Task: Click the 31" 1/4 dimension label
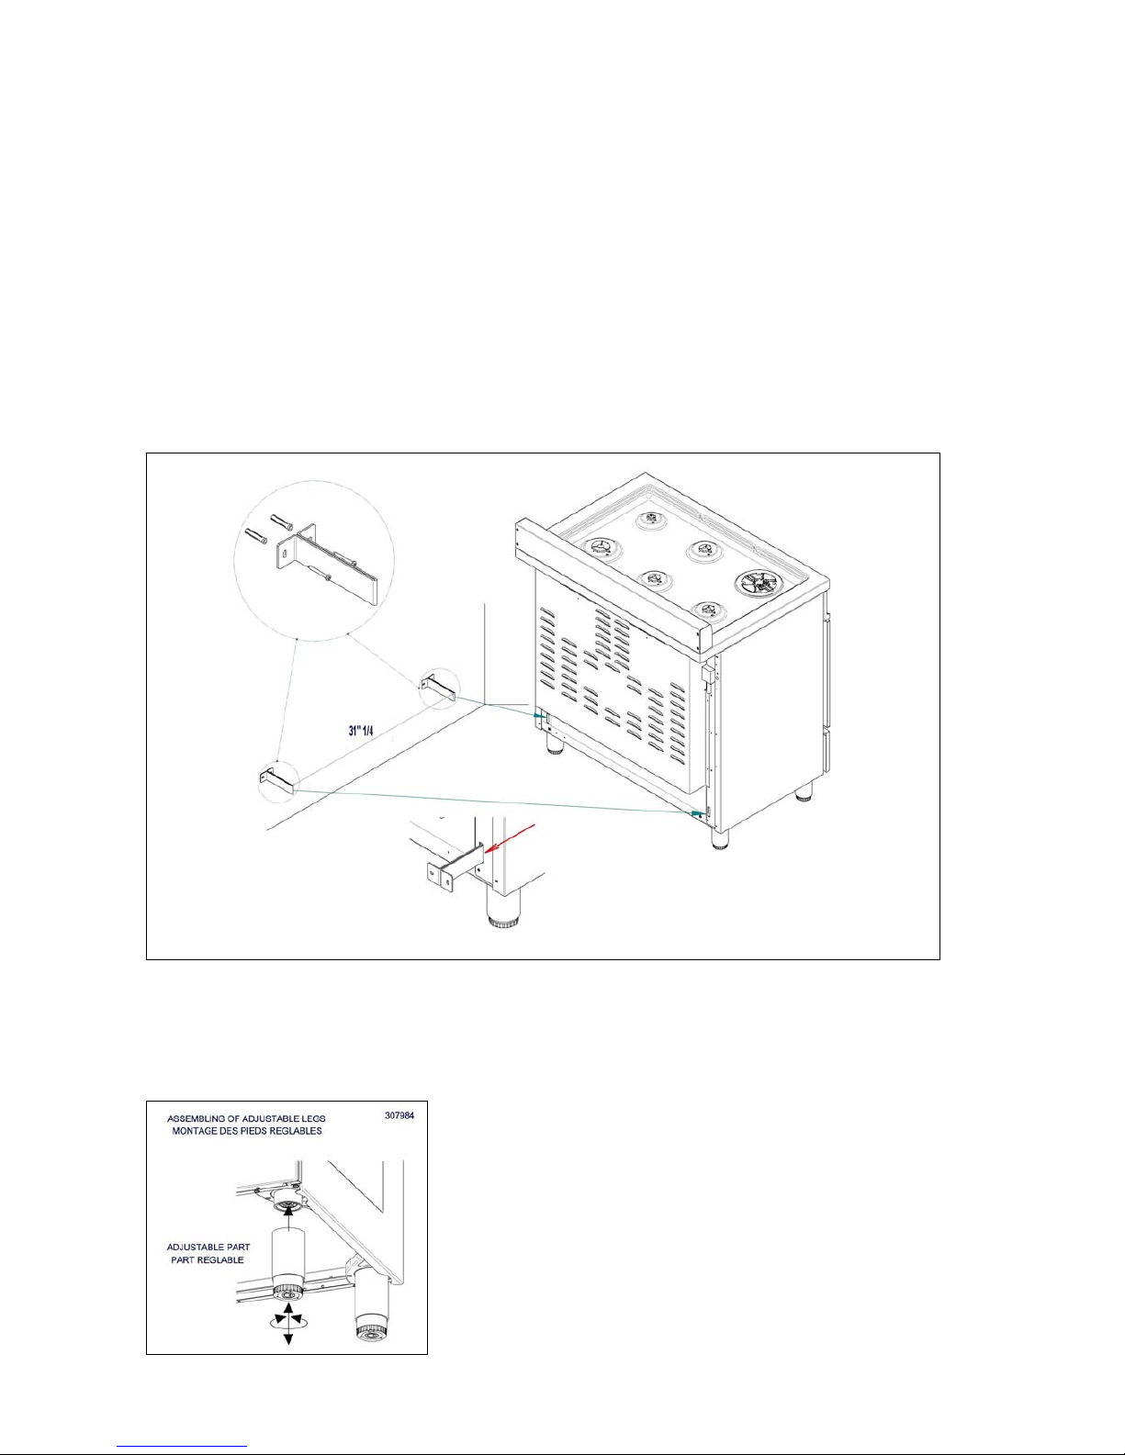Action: [360, 729]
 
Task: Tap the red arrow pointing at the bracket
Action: [511, 838]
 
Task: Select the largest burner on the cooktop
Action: [757, 583]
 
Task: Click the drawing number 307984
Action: [399, 1114]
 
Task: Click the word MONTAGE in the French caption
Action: [195, 1131]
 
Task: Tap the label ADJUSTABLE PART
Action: [208, 1247]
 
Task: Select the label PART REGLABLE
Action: [208, 1259]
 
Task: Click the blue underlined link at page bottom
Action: [182, 1447]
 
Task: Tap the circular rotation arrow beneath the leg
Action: [288, 1323]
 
